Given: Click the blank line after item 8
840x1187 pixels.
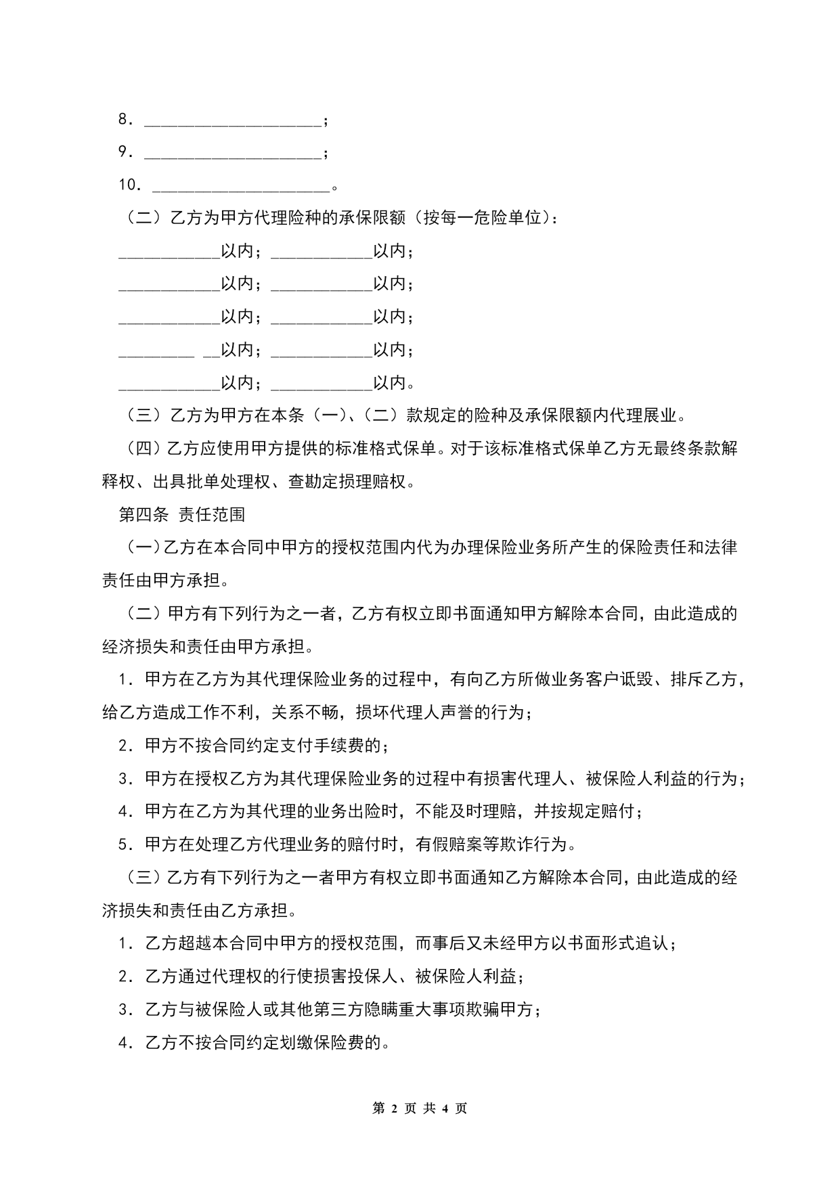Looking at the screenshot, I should (234, 122).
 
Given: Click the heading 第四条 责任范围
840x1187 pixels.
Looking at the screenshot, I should (182, 515).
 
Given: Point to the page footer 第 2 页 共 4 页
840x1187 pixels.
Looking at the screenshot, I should (420, 1108).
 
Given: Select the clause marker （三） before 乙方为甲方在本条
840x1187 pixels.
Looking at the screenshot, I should (144, 416).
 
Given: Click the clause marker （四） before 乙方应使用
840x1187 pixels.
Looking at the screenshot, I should (144, 449).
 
